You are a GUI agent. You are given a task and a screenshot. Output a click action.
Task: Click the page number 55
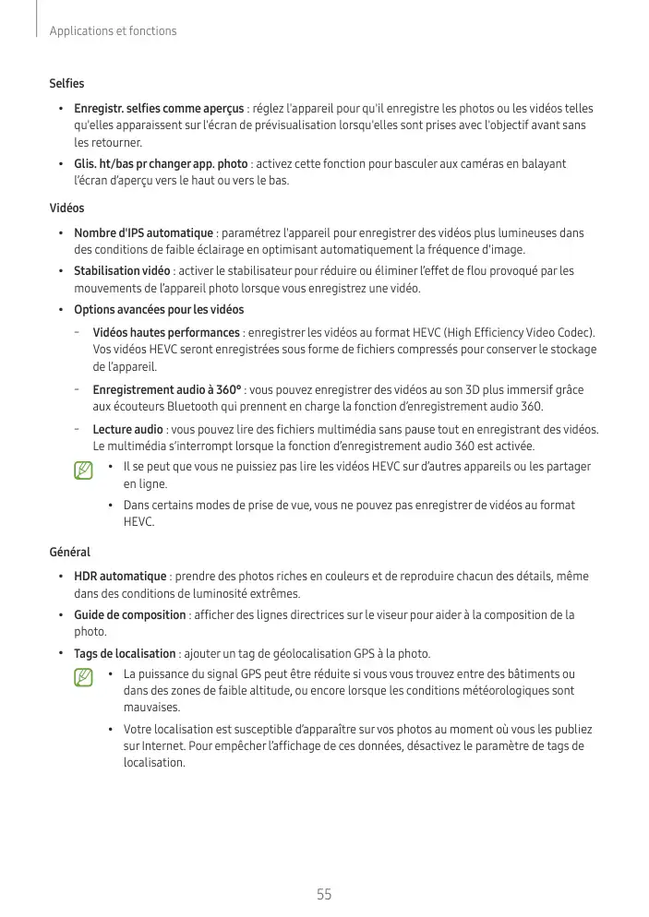click(324, 894)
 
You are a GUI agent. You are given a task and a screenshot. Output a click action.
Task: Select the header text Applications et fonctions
click(113, 31)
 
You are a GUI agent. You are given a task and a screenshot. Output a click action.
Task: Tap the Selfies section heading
click(66, 85)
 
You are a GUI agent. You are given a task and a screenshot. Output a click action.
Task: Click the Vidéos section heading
click(66, 208)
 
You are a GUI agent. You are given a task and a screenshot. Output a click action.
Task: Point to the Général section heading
click(69, 552)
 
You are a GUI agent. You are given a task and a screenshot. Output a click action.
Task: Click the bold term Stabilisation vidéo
click(122, 271)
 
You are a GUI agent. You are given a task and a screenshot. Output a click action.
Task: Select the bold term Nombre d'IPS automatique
click(143, 233)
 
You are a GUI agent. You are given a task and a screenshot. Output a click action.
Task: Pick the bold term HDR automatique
click(120, 577)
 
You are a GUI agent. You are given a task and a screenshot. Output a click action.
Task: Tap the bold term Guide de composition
click(130, 614)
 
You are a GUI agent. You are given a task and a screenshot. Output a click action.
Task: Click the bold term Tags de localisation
click(126, 653)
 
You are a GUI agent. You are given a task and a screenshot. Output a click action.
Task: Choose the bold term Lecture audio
click(128, 429)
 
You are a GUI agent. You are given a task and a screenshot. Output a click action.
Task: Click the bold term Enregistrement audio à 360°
click(167, 390)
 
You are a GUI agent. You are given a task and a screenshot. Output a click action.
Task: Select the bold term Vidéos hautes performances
click(166, 332)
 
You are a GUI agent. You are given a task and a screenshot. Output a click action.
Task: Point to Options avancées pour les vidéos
click(159, 309)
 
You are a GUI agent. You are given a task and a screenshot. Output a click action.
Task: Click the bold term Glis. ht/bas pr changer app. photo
click(161, 164)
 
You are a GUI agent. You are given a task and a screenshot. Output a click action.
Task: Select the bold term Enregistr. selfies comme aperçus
click(159, 109)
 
